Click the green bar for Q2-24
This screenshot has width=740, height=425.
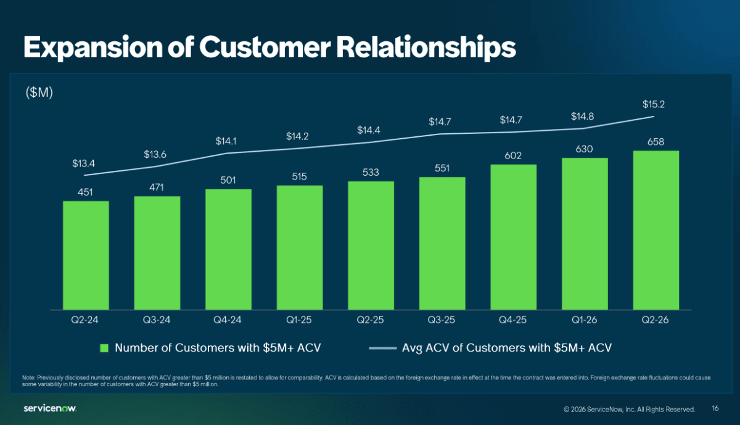click(86, 255)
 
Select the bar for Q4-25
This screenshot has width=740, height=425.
click(513, 237)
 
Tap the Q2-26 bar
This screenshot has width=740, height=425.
click(656, 230)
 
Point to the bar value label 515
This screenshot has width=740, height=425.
click(299, 176)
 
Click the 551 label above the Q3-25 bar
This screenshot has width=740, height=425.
click(442, 168)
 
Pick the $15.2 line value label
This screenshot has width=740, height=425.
click(654, 104)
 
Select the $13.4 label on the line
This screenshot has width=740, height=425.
click(84, 163)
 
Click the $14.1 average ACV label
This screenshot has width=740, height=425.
click(226, 141)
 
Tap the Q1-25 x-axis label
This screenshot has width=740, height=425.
click(298, 320)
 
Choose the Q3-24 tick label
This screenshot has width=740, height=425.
click(157, 320)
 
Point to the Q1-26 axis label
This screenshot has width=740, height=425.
click(585, 320)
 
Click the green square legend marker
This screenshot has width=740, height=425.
click(104, 349)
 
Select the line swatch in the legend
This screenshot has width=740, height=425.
click(382, 348)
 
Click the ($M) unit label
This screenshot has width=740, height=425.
click(39, 93)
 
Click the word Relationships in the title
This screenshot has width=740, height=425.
click(426, 47)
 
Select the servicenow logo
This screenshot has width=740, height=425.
click(50, 408)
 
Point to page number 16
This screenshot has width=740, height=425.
click(715, 408)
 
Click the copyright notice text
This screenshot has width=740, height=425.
click(629, 409)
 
